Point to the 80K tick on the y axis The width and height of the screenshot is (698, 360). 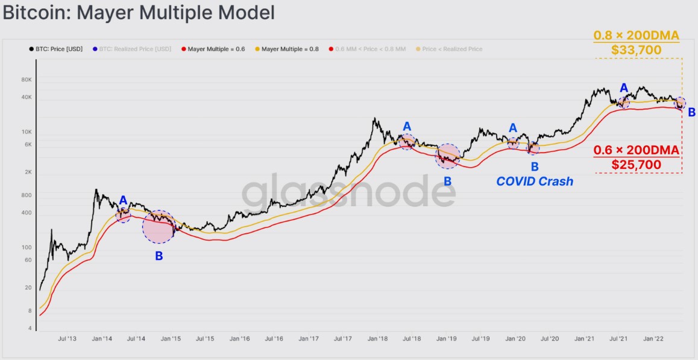point(26,80)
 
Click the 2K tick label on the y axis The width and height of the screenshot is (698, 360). point(28,172)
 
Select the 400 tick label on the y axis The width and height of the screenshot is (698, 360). point(27,212)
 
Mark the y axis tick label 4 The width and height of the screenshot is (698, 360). point(30,329)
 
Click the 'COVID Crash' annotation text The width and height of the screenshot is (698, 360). point(534,181)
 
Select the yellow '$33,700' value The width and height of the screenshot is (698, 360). point(637,50)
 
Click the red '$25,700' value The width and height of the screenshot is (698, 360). point(637,165)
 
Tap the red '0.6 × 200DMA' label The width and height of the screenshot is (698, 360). point(637,150)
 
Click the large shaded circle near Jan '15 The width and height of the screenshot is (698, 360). point(159,227)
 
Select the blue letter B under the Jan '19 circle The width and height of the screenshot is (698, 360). point(447,181)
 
